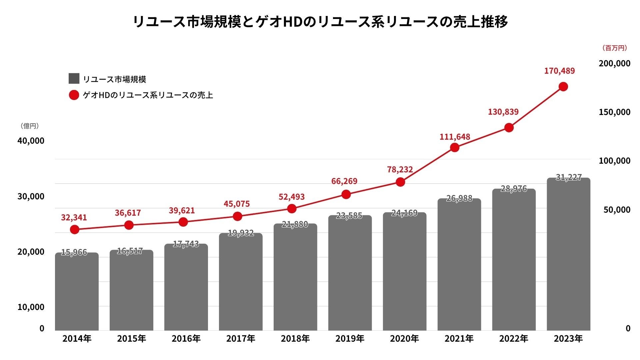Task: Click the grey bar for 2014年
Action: pos(77,292)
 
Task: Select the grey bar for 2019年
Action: pos(350,273)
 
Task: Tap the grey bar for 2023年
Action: pos(568,255)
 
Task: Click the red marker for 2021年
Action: pos(455,147)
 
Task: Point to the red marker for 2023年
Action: pos(563,87)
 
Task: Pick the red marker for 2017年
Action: pos(237,216)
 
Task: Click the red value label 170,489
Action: pos(559,71)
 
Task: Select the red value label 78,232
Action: pos(400,170)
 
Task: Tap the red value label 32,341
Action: pos(74,218)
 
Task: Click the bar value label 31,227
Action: pos(569,177)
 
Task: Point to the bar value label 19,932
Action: pos(241,233)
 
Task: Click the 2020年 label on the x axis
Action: pos(404,339)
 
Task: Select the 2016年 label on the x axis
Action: pos(186,339)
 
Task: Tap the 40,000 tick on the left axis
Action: pos(31,141)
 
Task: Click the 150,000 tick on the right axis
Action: pos(614,112)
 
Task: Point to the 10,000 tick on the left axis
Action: pos(31,307)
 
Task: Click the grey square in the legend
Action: pos(74,79)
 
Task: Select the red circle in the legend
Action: pos(74,95)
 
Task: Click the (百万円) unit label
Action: pos(614,48)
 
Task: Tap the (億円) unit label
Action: pos(30,126)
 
